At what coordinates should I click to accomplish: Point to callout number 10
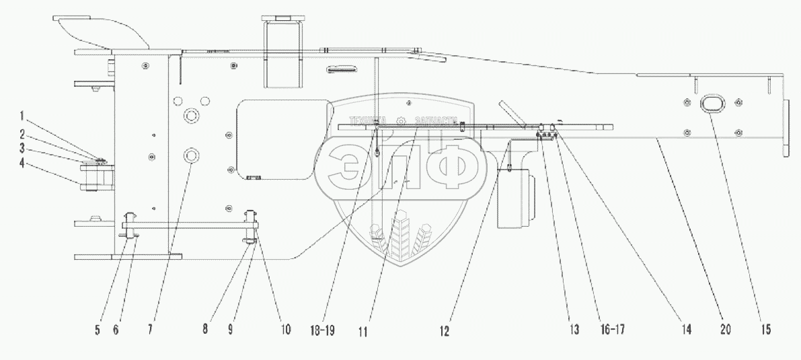286,330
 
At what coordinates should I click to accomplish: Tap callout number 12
446,330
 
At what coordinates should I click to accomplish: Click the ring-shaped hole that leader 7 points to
190,155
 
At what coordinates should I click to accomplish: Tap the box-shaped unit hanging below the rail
514,200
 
